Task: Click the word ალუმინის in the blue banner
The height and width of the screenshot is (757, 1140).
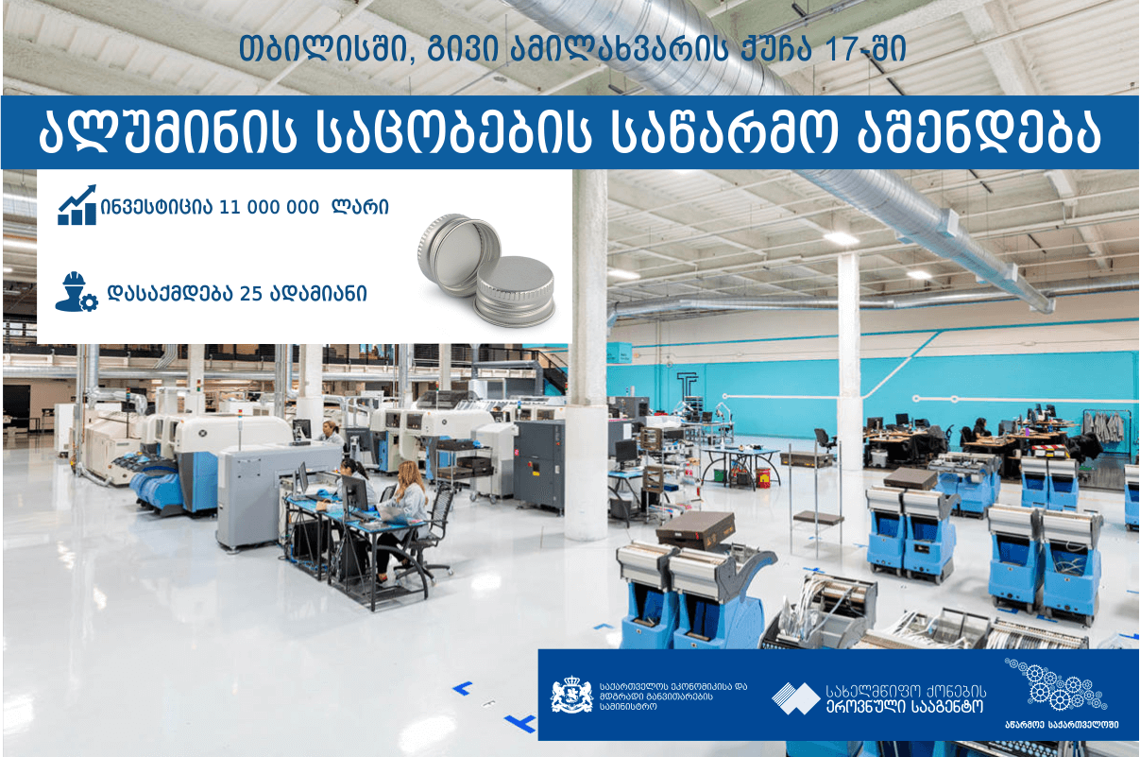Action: [167, 132]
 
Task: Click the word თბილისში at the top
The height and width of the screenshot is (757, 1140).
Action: [324, 49]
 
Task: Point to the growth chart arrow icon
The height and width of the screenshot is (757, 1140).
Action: [77, 205]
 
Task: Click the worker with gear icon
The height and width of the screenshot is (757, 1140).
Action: [77, 292]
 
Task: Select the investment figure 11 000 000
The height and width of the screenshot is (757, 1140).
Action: [269, 208]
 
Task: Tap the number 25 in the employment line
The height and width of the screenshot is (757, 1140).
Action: [250, 294]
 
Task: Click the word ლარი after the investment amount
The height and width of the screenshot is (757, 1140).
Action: [360, 207]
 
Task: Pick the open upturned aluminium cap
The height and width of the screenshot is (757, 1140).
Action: [458, 254]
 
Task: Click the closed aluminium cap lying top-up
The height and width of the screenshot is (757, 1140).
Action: [515, 291]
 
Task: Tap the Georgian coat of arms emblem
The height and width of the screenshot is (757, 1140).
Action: [572, 695]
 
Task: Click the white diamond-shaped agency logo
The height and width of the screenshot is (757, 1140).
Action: [796, 698]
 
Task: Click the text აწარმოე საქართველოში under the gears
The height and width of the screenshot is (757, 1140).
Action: [1062, 725]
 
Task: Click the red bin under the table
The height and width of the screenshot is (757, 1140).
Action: [762, 478]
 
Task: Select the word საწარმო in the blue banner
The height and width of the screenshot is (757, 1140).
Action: [724, 132]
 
